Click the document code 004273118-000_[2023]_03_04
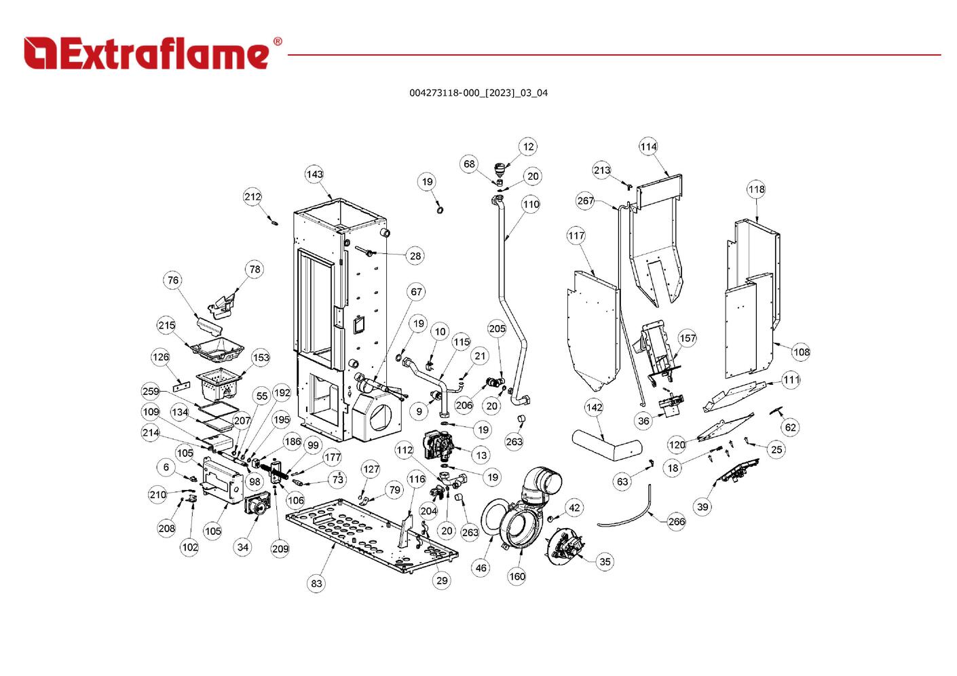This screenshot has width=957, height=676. click(478, 93)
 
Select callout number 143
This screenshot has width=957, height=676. click(314, 174)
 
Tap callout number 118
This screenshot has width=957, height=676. click(756, 189)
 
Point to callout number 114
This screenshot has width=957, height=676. click(648, 147)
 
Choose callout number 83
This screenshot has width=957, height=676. click(316, 583)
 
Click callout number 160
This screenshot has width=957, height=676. click(517, 576)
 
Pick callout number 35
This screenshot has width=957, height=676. click(605, 561)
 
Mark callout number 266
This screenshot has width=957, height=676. click(676, 521)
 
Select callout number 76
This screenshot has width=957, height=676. click(173, 280)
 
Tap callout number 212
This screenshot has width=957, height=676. click(252, 197)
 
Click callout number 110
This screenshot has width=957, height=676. click(531, 204)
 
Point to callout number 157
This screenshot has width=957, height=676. click(688, 338)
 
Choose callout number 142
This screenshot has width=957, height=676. click(594, 407)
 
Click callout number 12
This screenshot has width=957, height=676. click(528, 147)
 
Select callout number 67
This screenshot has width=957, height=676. click(416, 292)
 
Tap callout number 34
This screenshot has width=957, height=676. click(243, 547)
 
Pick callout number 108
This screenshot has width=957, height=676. click(801, 352)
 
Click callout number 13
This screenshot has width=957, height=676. click(481, 455)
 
